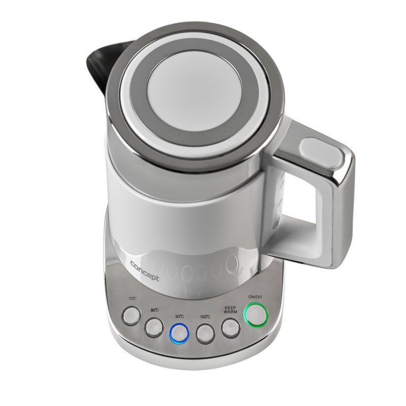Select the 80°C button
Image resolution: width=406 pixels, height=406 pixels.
click(153, 327)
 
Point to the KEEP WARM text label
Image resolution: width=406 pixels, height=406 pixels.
click(231, 310)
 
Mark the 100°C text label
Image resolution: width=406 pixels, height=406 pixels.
click(205, 317)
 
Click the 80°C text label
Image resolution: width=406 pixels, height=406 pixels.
click(155, 310)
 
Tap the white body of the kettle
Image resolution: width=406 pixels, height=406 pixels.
click(183, 203)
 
